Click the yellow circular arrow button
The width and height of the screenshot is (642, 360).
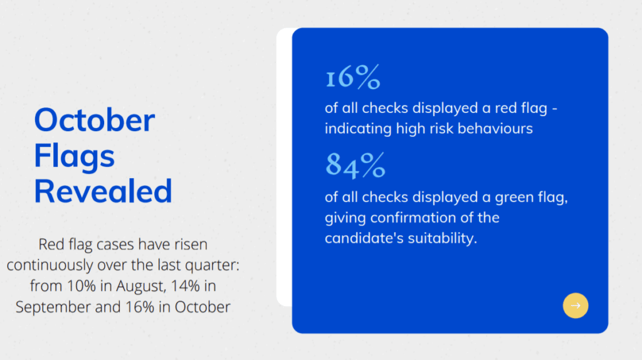[x=576, y=305]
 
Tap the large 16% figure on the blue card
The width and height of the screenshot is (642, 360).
[x=352, y=77]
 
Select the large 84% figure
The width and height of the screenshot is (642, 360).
[x=355, y=166]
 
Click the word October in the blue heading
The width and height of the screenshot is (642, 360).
[x=94, y=120]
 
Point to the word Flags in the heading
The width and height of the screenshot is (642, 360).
[x=74, y=156]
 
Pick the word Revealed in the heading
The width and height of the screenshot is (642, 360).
[x=103, y=191]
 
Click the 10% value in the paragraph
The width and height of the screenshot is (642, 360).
[x=81, y=285]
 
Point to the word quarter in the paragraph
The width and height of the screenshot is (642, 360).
[x=212, y=265]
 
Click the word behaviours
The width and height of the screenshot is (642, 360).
[x=495, y=129]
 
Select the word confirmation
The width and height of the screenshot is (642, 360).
[x=413, y=218]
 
